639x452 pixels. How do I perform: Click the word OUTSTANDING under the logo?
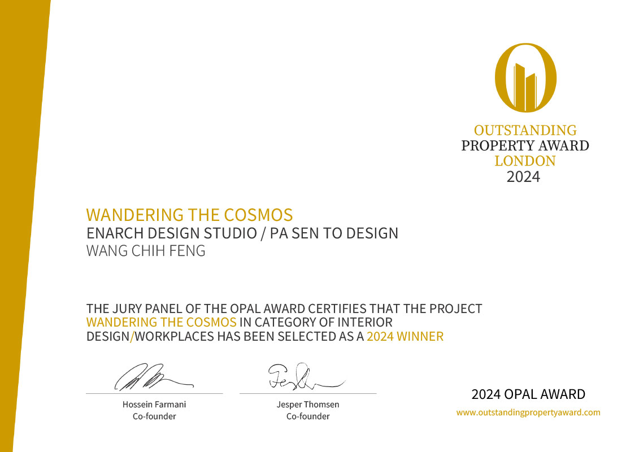pyautogui.click(x=525, y=131)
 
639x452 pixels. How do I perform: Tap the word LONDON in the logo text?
pyautogui.click(x=525, y=161)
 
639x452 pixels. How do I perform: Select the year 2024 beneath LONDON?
pyautogui.click(x=523, y=177)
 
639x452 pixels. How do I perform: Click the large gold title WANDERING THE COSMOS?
pyautogui.click(x=189, y=215)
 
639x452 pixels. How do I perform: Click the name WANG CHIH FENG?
pyautogui.click(x=146, y=251)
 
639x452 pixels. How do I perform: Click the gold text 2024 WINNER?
pyautogui.click(x=405, y=336)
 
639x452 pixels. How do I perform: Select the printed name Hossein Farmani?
pyautogui.click(x=154, y=405)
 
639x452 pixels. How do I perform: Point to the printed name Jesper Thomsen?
pyautogui.click(x=308, y=405)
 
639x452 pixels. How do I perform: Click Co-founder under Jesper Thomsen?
pyautogui.click(x=308, y=416)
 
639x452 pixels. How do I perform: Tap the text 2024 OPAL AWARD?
pyautogui.click(x=528, y=394)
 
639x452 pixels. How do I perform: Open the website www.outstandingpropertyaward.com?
pyautogui.click(x=528, y=412)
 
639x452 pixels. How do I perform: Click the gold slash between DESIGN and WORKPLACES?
pyautogui.click(x=132, y=337)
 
